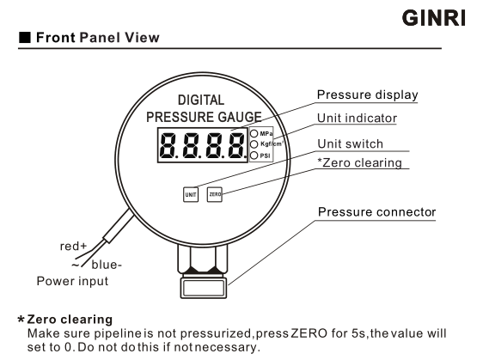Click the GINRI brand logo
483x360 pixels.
click(x=434, y=18)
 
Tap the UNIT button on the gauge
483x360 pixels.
click(x=191, y=195)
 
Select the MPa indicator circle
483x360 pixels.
click(x=254, y=134)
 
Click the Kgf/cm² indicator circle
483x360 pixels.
click(x=254, y=144)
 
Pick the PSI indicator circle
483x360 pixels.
click(x=254, y=156)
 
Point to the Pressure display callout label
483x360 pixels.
click(x=368, y=95)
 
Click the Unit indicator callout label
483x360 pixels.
click(x=357, y=119)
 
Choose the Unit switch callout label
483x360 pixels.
click(x=351, y=144)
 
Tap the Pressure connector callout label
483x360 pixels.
click(x=376, y=212)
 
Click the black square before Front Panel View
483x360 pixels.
click(x=25, y=38)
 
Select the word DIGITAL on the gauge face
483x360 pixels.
click(x=201, y=100)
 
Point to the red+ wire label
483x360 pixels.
click(x=73, y=247)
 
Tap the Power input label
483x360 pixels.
click(x=72, y=281)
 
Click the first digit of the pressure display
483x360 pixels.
click(x=168, y=145)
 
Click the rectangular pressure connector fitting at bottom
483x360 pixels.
click(x=204, y=288)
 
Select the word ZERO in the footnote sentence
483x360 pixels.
click(x=309, y=333)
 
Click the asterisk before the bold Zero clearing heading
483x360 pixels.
click(x=21, y=319)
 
